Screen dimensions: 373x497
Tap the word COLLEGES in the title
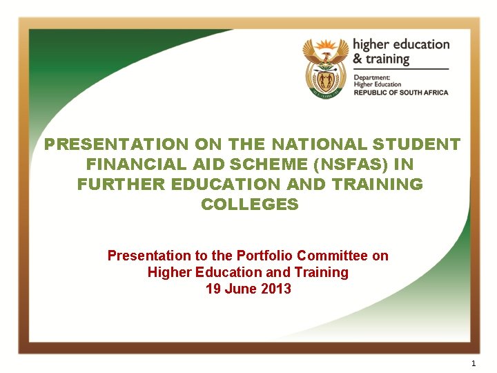click(249, 204)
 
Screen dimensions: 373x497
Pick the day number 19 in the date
click(213, 289)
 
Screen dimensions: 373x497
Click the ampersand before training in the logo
click(358, 59)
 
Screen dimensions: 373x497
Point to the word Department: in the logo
click(372, 77)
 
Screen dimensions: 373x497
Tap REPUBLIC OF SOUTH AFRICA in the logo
click(400, 93)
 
